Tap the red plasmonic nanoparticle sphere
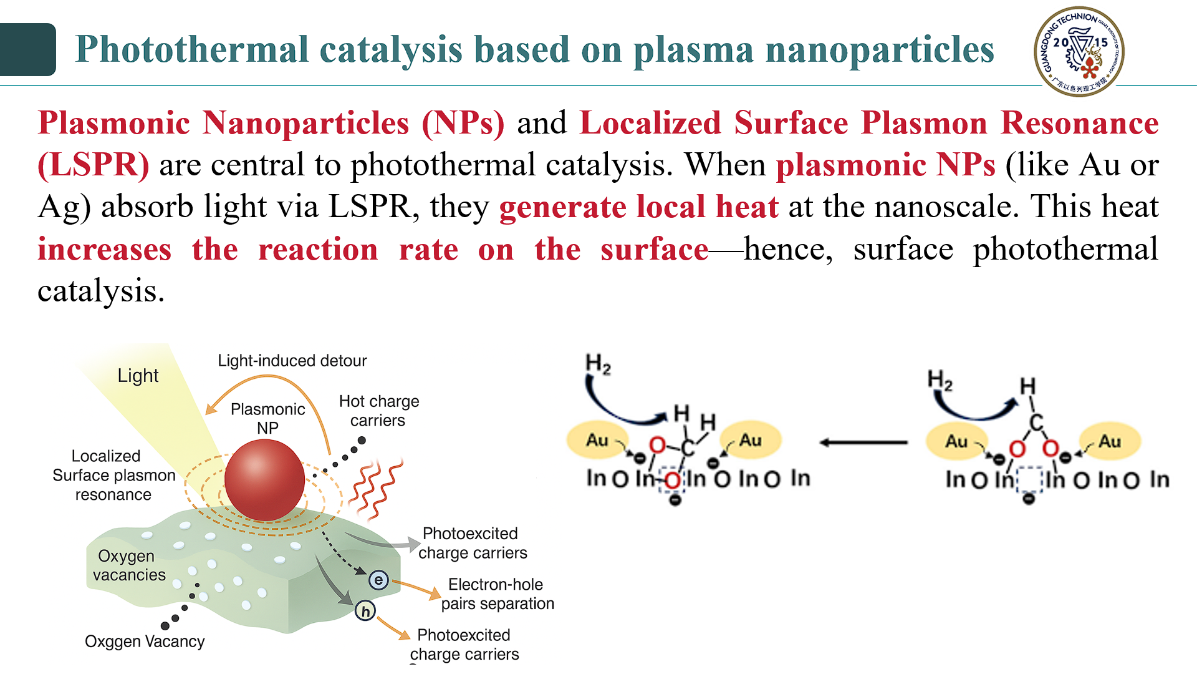264,479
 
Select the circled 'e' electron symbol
378,580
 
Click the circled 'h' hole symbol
365,611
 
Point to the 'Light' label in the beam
138,376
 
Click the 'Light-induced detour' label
292,361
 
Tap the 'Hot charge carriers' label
378,411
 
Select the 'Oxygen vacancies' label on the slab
128,565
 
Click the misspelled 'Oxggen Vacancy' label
145,642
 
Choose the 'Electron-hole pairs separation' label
497,594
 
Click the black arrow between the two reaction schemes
863,442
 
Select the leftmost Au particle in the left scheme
597,440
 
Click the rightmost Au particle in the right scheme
1110,441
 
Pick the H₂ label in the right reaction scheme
940,379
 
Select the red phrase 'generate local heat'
638,207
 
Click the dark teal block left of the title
27,49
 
